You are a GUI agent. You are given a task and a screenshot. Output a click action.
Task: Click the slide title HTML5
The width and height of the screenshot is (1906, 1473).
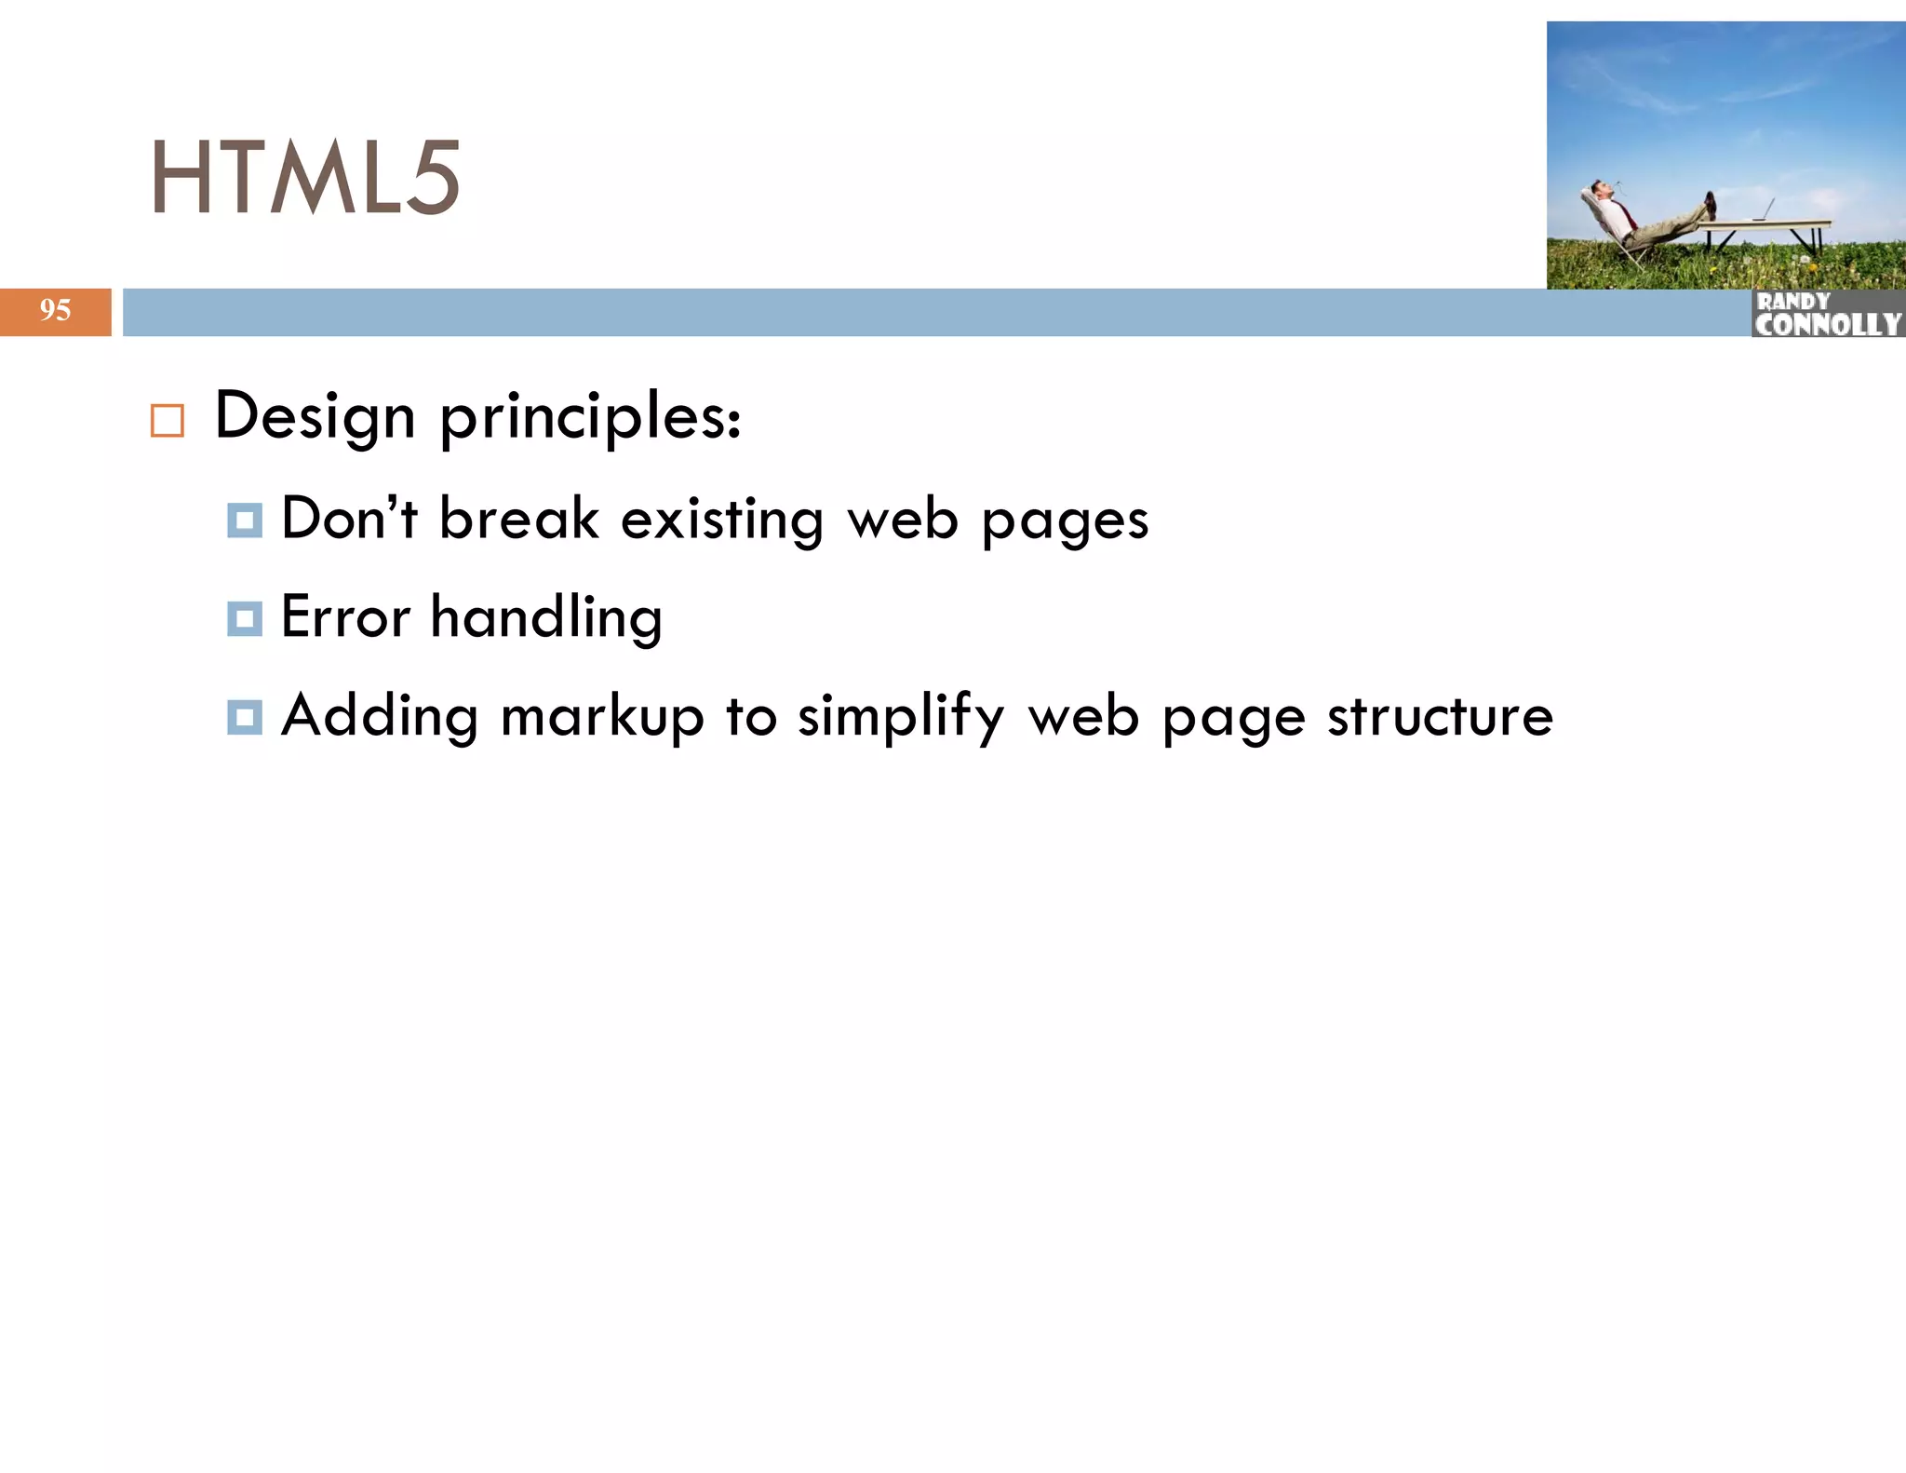[x=305, y=177]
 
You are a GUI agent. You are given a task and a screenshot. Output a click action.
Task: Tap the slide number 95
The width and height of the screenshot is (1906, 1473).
[x=55, y=310]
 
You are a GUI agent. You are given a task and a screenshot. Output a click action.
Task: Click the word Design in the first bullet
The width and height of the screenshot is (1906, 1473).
[x=315, y=417]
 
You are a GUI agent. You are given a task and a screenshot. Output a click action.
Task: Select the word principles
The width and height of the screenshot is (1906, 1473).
[x=590, y=417]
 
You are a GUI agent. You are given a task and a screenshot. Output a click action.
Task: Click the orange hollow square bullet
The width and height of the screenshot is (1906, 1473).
[x=168, y=421]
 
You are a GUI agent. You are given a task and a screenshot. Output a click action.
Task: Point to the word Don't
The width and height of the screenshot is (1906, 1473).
[x=349, y=518]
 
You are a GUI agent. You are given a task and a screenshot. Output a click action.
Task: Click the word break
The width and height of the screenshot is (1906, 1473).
[x=518, y=518]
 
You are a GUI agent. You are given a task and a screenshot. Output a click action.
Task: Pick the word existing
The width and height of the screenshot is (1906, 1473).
[x=721, y=520]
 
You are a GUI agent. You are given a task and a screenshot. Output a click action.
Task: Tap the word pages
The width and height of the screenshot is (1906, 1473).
[x=1065, y=521]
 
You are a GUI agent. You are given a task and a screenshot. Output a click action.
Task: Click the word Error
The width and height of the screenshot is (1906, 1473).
[x=345, y=616]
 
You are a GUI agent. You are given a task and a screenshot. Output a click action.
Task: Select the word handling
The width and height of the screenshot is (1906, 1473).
[x=546, y=618]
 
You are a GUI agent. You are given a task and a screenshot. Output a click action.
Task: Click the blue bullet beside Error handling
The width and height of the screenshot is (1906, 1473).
[x=245, y=618]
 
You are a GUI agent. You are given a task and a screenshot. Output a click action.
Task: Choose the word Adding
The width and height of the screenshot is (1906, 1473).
[x=380, y=717]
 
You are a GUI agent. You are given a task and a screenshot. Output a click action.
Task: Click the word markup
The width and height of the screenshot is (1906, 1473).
[x=602, y=719]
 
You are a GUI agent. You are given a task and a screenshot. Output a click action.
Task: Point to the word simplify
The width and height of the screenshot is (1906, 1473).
[x=901, y=719]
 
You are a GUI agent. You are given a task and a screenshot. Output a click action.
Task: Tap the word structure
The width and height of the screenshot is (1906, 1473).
[x=1440, y=717]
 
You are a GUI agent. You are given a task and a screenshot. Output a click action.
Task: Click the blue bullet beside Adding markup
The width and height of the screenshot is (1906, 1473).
[x=245, y=718]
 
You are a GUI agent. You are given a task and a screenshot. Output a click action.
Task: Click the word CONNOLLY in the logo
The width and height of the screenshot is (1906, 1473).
[x=1828, y=324]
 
